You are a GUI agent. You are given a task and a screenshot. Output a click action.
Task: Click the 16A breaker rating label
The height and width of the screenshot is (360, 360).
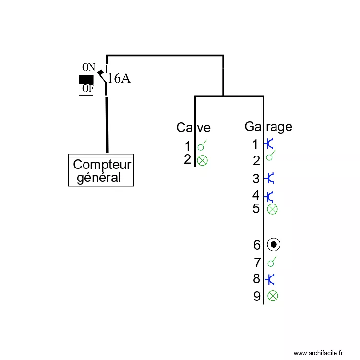pos(119,78)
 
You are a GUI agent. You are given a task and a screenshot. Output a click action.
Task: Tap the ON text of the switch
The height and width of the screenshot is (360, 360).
pos(87,67)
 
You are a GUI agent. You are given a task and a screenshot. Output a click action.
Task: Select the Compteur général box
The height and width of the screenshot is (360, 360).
pos(101,170)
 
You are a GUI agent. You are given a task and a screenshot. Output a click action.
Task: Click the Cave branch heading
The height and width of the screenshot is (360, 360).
pos(193,127)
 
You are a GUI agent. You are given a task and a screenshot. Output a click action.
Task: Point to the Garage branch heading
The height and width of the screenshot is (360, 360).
pos(268,126)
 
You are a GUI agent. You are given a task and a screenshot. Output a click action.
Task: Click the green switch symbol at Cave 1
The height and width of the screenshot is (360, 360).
pos(203,145)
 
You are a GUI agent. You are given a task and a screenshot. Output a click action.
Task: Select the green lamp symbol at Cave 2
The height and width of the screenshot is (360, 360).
pos(203,160)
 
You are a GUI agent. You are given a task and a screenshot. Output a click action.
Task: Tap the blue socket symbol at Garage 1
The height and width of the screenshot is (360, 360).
pos(269,143)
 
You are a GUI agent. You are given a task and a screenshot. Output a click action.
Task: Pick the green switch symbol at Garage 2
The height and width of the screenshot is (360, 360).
pos(271,155)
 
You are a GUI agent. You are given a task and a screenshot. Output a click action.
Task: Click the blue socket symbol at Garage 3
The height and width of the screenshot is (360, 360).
pos(270,179)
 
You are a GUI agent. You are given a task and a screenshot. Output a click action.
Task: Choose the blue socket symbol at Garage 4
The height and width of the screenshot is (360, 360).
pos(270,196)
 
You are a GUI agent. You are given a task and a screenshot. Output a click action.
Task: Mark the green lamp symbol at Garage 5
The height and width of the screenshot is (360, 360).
pos(272,209)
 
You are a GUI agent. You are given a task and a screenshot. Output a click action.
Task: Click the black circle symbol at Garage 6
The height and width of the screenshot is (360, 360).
pos(274,245)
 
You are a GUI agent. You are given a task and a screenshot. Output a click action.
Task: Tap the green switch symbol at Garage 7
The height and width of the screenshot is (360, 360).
pos(272,262)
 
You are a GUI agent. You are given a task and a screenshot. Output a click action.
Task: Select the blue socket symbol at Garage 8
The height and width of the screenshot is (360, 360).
pos(270,279)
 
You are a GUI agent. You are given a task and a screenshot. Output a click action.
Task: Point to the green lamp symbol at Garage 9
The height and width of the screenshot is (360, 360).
pos(272,296)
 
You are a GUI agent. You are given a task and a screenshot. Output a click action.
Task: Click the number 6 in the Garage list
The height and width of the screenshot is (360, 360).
pos(257,245)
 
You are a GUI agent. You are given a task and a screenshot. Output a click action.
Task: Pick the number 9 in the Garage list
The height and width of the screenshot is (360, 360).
pos(257,297)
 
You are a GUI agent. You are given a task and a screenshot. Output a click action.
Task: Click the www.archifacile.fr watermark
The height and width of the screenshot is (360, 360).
pos(319,353)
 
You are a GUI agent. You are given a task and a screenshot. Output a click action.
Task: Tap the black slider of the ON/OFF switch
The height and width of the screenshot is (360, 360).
pos(86,79)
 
